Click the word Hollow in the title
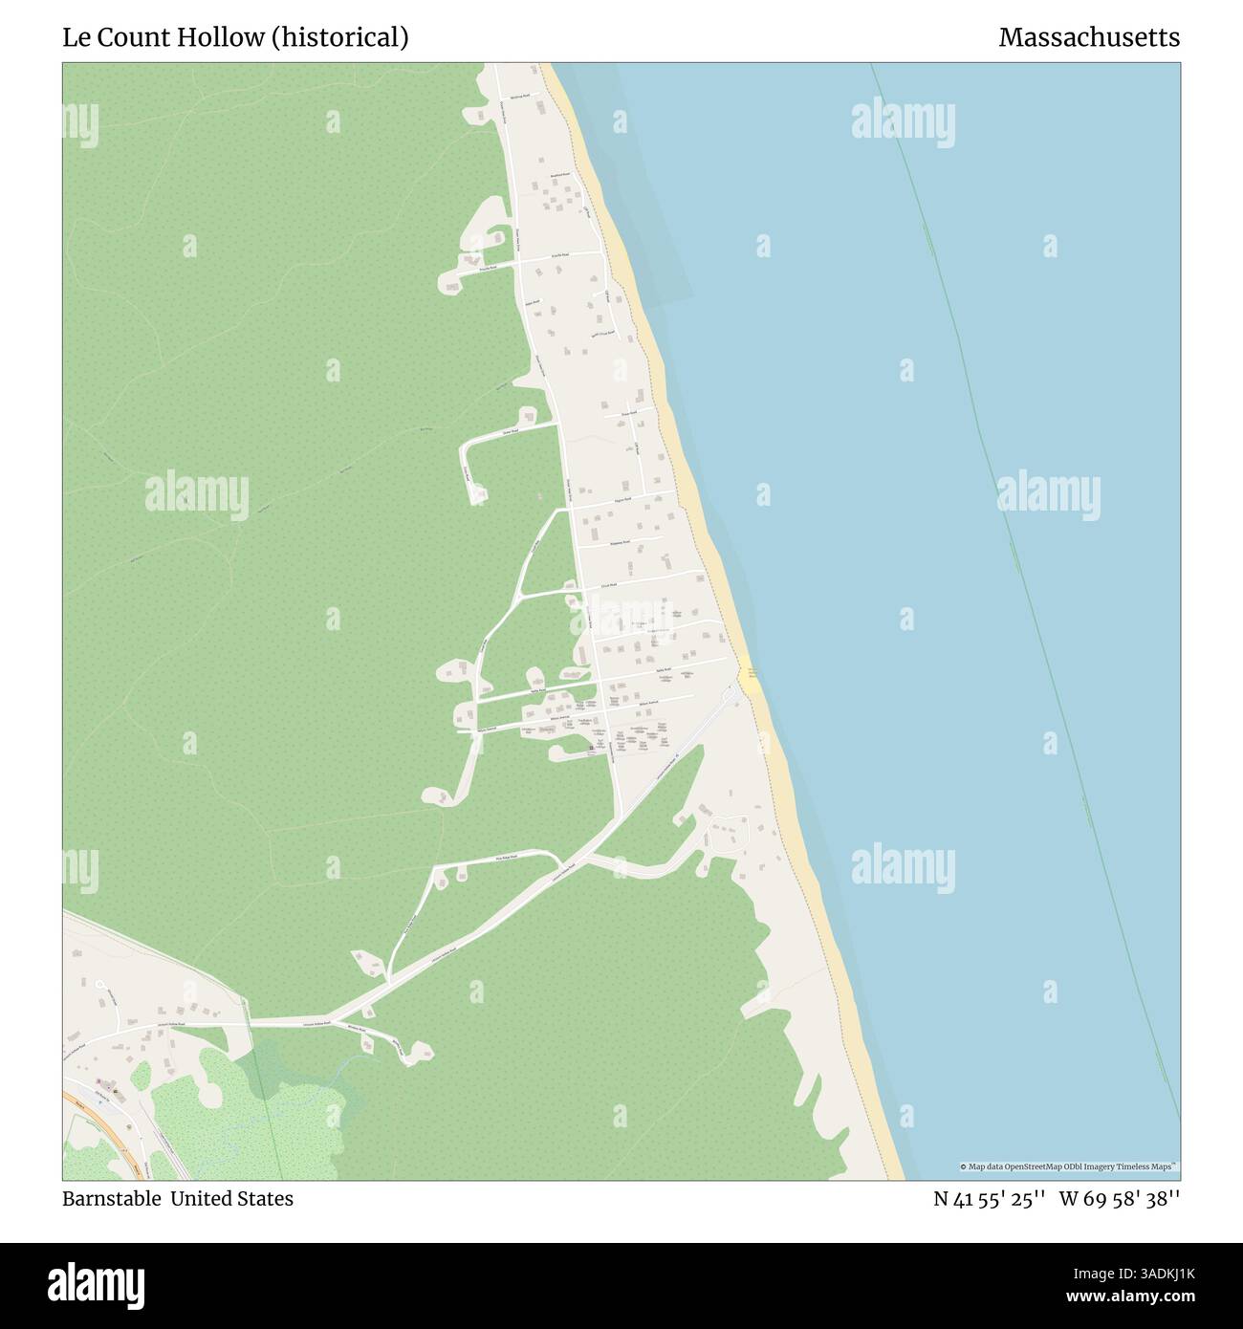[x=220, y=37]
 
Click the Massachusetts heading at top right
[x=1089, y=37]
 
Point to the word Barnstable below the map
[x=111, y=1199]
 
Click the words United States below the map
[x=232, y=1199]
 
